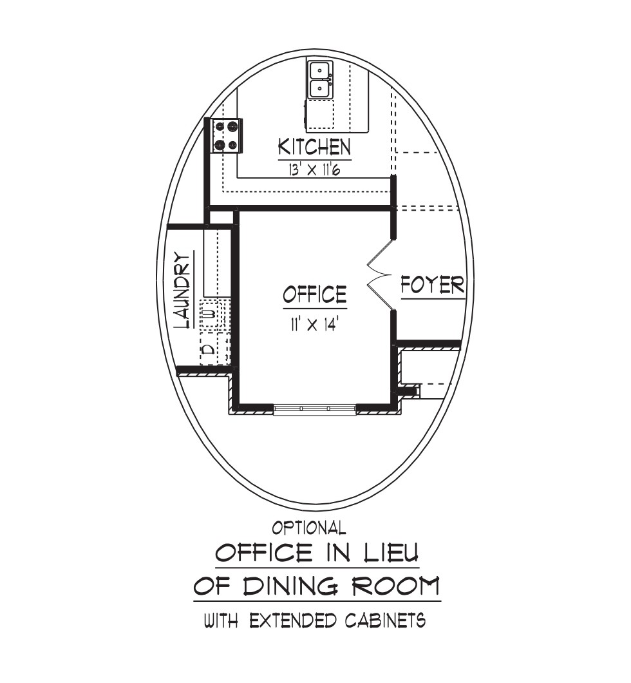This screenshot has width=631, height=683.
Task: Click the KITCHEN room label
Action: tap(314, 147)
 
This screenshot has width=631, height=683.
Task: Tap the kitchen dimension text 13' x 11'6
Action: tap(314, 169)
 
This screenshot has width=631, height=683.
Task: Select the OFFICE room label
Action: tap(315, 294)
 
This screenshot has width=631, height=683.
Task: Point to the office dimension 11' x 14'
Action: tap(314, 325)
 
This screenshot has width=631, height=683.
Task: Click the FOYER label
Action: tap(433, 285)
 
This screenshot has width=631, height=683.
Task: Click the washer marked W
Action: tap(212, 313)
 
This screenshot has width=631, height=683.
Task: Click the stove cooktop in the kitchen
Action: tap(226, 135)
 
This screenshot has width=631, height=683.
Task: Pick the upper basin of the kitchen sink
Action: tap(320, 70)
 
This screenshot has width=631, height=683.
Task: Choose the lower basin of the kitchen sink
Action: tap(320, 89)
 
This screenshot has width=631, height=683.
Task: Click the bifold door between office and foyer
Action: tap(379, 274)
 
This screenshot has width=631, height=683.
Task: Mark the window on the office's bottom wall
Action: tap(315, 409)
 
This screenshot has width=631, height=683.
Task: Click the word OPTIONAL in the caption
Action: tap(309, 528)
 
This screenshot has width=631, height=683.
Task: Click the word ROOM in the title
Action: tap(395, 586)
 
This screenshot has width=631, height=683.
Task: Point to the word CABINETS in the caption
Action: tap(385, 620)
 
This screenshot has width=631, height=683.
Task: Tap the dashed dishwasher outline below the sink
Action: tap(320, 114)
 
